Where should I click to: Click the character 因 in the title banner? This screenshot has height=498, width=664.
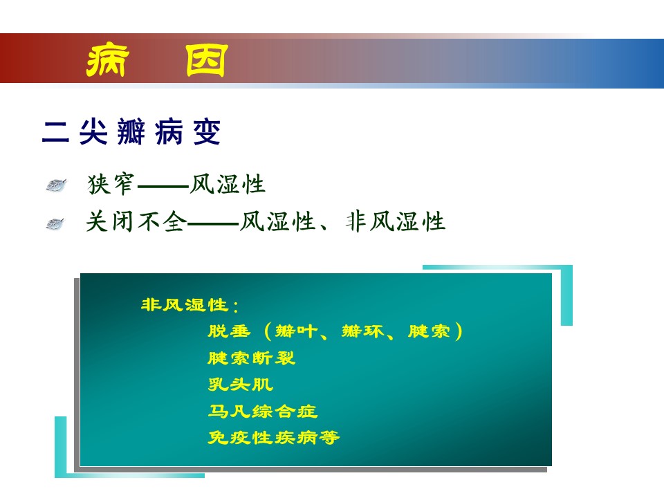pos(207,60)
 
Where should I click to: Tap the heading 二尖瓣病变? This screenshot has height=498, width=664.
pos(131,131)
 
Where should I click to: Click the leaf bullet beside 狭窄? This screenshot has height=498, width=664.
pos(56,185)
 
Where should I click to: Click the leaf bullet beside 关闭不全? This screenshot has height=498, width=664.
pos(55,223)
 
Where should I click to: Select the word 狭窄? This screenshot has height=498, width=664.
pos(111,184)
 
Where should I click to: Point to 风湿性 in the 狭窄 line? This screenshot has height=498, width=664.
pos(228,184)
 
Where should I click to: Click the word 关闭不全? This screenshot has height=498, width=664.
pos(136,221)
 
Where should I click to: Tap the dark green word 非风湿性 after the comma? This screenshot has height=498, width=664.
pos(396,221)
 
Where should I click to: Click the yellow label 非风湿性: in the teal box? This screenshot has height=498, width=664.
pos(190,305)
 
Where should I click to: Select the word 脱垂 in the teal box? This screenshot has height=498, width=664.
pos(229,331)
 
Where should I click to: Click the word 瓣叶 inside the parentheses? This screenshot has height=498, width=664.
pos(296,331)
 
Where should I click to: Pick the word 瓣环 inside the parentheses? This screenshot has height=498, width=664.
pos(363,331)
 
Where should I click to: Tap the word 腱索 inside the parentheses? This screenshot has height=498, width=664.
pos(429,331)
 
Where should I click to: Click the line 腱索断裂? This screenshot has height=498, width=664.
pos(251,358)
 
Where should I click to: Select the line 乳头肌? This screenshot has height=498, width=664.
pos(240,385)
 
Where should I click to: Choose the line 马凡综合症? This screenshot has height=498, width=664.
pos(263,411)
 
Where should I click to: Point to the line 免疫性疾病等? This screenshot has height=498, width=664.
pos(274,438)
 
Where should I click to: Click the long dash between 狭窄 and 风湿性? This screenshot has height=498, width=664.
pos(163,186)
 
